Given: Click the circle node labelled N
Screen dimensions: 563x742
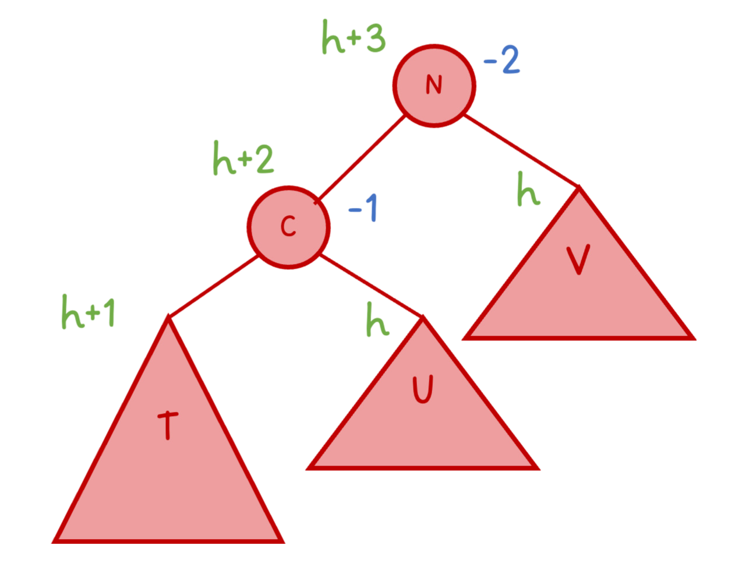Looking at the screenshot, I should [434, 85].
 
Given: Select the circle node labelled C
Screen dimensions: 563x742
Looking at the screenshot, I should [289, 227].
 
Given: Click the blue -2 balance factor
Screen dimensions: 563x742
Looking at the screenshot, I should [501, 61].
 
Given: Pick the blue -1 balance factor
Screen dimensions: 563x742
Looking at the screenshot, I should [363, 207].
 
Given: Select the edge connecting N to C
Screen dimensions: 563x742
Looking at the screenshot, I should [361, 157].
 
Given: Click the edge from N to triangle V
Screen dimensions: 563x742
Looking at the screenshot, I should [521, 152].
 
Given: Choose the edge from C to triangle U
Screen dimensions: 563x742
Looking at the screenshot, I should [371, 286].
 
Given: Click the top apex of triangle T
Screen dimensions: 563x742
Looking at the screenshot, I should [168, 318].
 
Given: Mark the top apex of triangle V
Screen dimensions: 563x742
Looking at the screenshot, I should [578, 188].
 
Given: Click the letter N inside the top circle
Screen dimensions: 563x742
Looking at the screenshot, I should [434, 85].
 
